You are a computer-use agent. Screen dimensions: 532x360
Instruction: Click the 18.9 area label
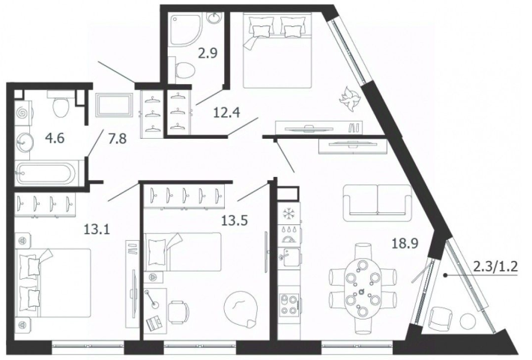click(x=405, y=244)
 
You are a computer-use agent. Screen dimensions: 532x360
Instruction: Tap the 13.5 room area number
click(x=235, y=220)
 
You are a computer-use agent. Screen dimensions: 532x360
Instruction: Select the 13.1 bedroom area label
click(x=97, y=230)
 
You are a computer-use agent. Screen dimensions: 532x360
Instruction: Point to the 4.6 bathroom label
click(x=55, y=139)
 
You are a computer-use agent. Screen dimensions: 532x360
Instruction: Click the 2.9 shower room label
click(x=208, y=54)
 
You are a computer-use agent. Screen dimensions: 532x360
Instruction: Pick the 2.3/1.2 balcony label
click(x=495, y=266)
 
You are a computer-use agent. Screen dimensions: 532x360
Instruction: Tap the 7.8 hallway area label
click(x=117, y=139)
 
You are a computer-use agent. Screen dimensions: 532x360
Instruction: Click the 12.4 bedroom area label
click(x=226, y=112)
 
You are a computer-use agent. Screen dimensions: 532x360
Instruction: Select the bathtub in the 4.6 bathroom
click(x=46, y=173)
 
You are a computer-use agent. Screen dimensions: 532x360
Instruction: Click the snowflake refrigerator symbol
click(x=288, y=214)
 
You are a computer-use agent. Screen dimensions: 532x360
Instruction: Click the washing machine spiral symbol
click(x=22, y=112)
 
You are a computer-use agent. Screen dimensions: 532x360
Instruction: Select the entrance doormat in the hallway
click(x=114, y=105)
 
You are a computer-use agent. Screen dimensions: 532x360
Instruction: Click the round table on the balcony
click(x=468, y=321)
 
